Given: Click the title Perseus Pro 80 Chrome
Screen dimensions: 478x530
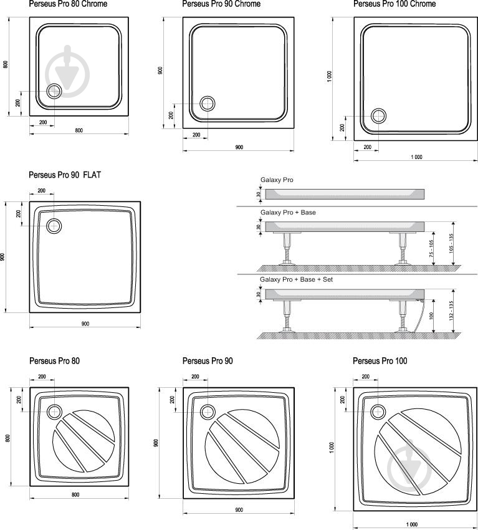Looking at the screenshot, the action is coord(68,4).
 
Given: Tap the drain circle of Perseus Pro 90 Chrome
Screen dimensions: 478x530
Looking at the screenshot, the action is coord(207,104).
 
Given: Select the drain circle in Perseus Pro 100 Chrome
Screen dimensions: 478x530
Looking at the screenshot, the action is coord(378,116).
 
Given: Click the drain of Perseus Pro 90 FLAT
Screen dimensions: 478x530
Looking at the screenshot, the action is coord(54,226).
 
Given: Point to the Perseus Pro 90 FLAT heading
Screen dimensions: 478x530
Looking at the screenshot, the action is coord(65,175).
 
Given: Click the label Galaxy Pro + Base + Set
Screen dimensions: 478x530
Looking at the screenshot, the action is coord(296,279).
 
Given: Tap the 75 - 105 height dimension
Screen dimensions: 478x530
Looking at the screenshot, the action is coord(431,248).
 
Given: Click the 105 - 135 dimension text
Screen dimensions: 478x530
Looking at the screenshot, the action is coord(451,243).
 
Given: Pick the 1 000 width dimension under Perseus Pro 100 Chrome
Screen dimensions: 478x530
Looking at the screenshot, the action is coord(416,157).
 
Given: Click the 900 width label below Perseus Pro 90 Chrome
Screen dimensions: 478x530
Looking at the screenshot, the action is coord(239,147).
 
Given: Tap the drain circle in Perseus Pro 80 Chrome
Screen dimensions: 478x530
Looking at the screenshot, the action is coord(54,91).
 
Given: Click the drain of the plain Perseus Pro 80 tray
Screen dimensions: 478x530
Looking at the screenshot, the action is coord(54,412).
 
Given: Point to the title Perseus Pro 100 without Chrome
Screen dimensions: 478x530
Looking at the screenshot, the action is coord(380,361).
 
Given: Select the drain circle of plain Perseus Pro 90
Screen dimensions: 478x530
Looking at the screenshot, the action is coord(208,412).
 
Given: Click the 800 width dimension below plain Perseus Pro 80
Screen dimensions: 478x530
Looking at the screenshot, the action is coord(75,495).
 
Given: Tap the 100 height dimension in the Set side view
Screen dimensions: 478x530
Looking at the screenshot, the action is coord(431,316).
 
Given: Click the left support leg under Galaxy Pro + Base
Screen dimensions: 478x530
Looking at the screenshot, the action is coord(287,248).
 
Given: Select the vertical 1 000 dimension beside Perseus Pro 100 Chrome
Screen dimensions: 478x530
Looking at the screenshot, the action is coord(329,77).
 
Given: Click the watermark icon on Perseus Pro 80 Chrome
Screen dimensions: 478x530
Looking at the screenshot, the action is coord(67,71).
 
